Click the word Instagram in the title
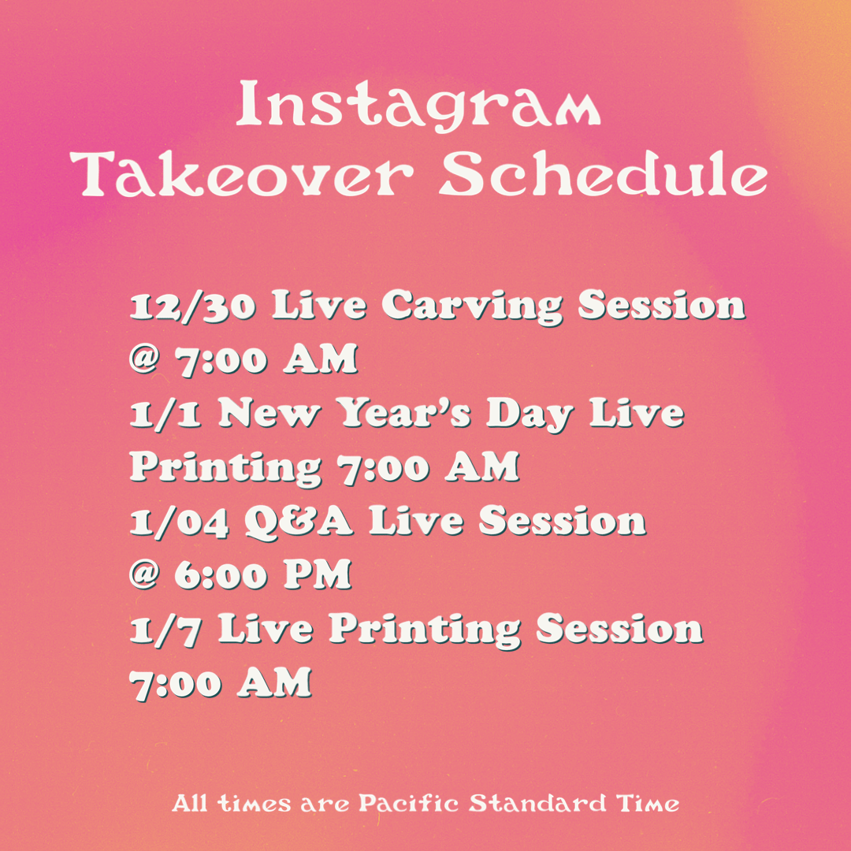[x=418, y=106]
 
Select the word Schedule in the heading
[x=604, y=173]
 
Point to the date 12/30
[x=193, y=306]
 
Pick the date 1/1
[x=165, y=414]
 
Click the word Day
[x=530, y=415]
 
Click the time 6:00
[x=221, y=575]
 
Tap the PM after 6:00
[x=318, y=575]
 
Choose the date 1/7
[x=165, y=630]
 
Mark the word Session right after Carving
[x=662, y=305]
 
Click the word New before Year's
[x=269, y=414]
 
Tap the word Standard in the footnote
[x=537, y=803]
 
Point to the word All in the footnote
[x=189, y=803]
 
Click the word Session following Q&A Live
[x=563, y=521]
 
